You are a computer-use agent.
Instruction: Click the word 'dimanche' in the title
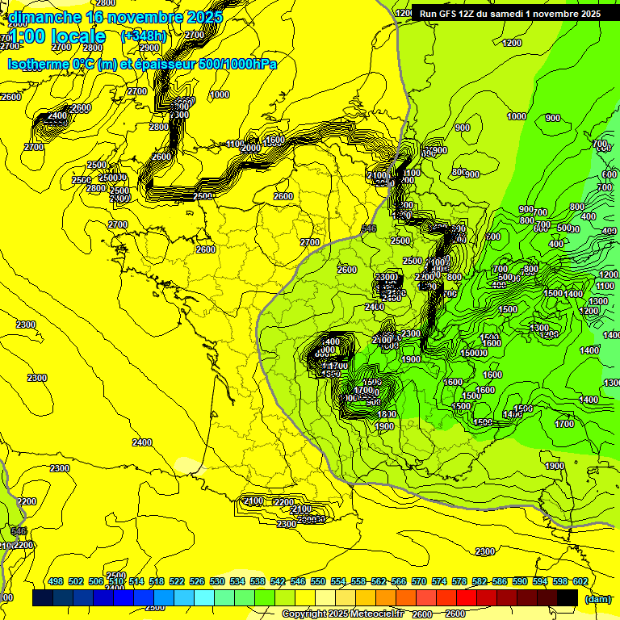[40, 17]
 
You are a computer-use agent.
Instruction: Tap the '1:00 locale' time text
[57, 36]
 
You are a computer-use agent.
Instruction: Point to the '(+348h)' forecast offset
[144, 36]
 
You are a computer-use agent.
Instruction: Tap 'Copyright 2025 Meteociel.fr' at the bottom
[343, 614]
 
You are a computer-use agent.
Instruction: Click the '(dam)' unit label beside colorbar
[597, 598]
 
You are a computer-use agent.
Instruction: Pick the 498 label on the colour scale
[56, 581]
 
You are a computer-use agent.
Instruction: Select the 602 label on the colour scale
[580, 581]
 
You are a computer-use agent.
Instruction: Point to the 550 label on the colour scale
[318, 581]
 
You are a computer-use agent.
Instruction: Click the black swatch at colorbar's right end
[568, 597]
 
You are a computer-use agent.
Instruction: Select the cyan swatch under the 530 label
[204, 597]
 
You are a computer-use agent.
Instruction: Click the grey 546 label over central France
[370, 229]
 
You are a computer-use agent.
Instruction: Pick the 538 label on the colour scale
[258, 581]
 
